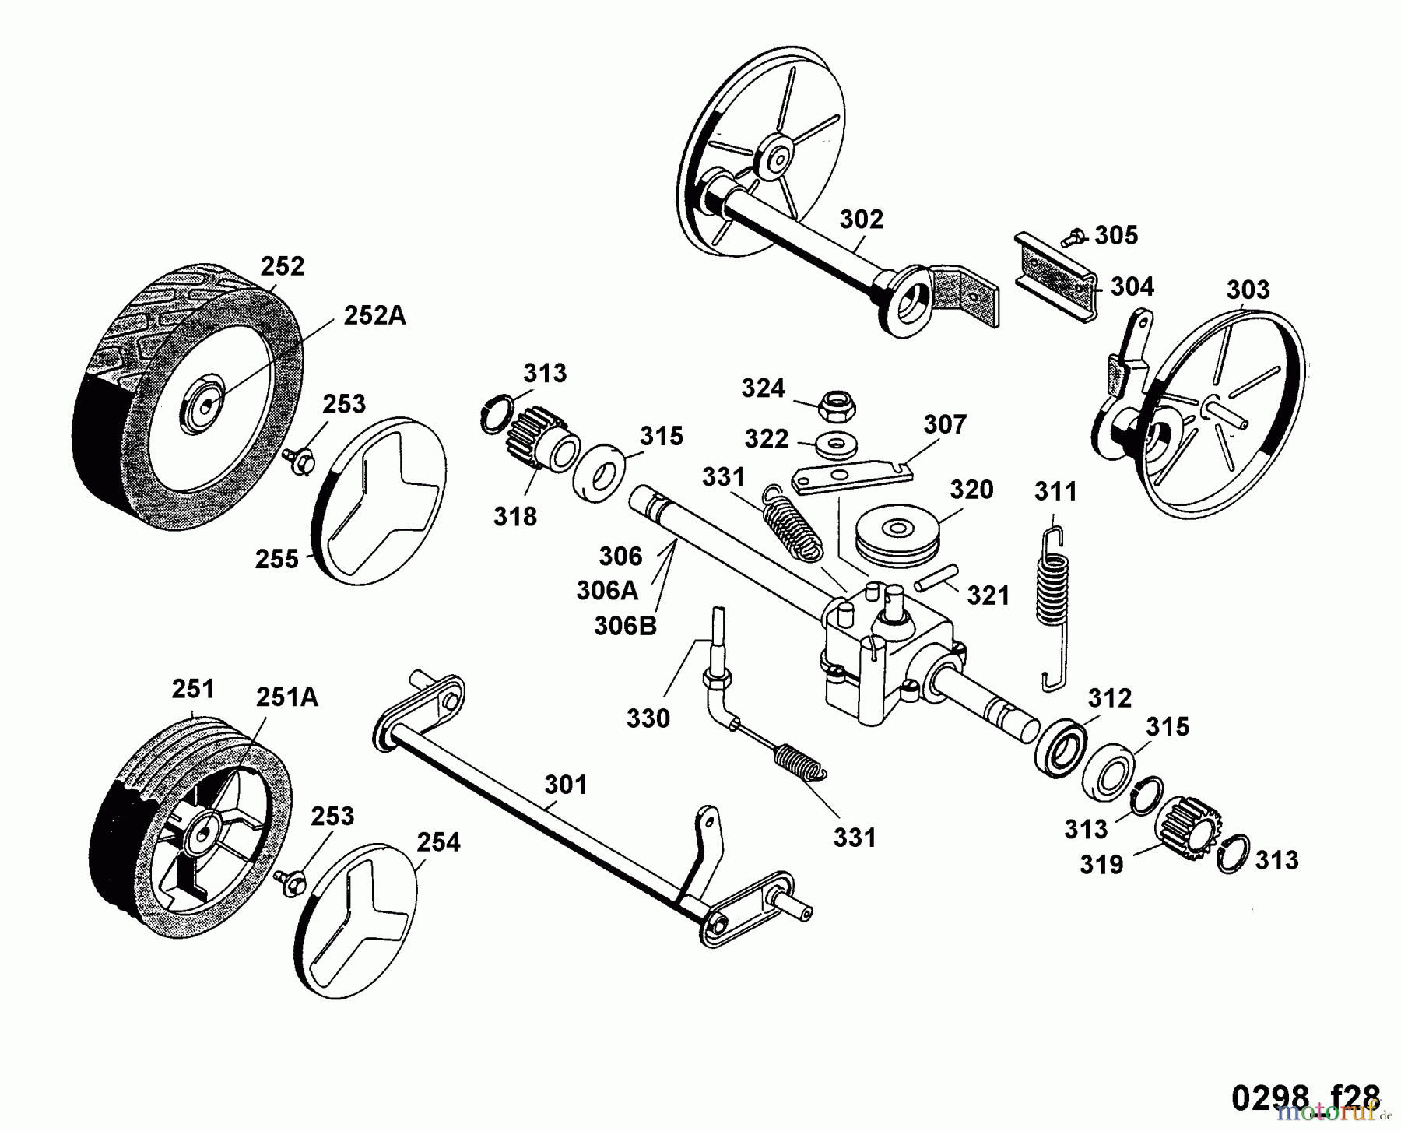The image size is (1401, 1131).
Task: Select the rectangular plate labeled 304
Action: pyautogui.click(x=1056, y=276)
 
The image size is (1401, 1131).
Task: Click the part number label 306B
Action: pyautogui.click(x=625, y=626)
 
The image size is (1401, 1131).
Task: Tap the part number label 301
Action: pyautogui.click(x=565, y=785)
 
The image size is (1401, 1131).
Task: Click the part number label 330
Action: pyautogui.click(x=648, y=718)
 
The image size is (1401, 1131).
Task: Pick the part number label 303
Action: pyautogui.click(x=1248, y=290)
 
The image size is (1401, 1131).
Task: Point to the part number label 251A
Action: pyautogui.click(x=286, y=697)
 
